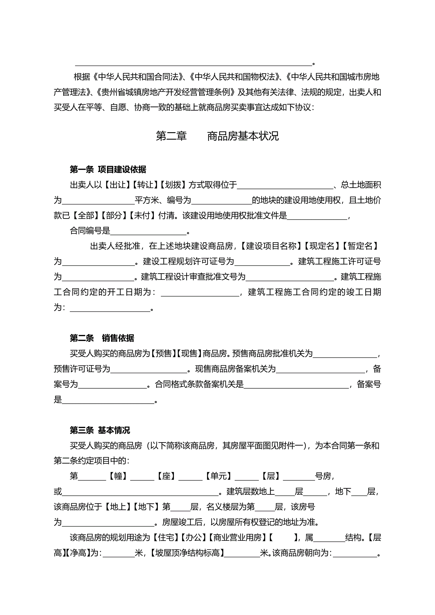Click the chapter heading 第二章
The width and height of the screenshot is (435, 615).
pos(171,136)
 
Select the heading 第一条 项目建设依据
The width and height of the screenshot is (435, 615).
pos(108,169)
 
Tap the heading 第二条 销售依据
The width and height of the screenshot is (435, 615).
pos(102,338)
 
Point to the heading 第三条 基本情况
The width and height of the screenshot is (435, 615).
pos(100,430)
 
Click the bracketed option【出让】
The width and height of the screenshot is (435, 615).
pos(117,185)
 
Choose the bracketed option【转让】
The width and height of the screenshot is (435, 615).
pos(145,185)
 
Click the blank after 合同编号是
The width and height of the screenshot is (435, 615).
pos(148,231)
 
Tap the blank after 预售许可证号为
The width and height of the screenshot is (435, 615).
pos(149,369)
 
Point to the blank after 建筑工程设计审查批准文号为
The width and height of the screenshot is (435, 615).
pos(290,277)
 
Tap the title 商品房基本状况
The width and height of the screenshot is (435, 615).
pos(243,136)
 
